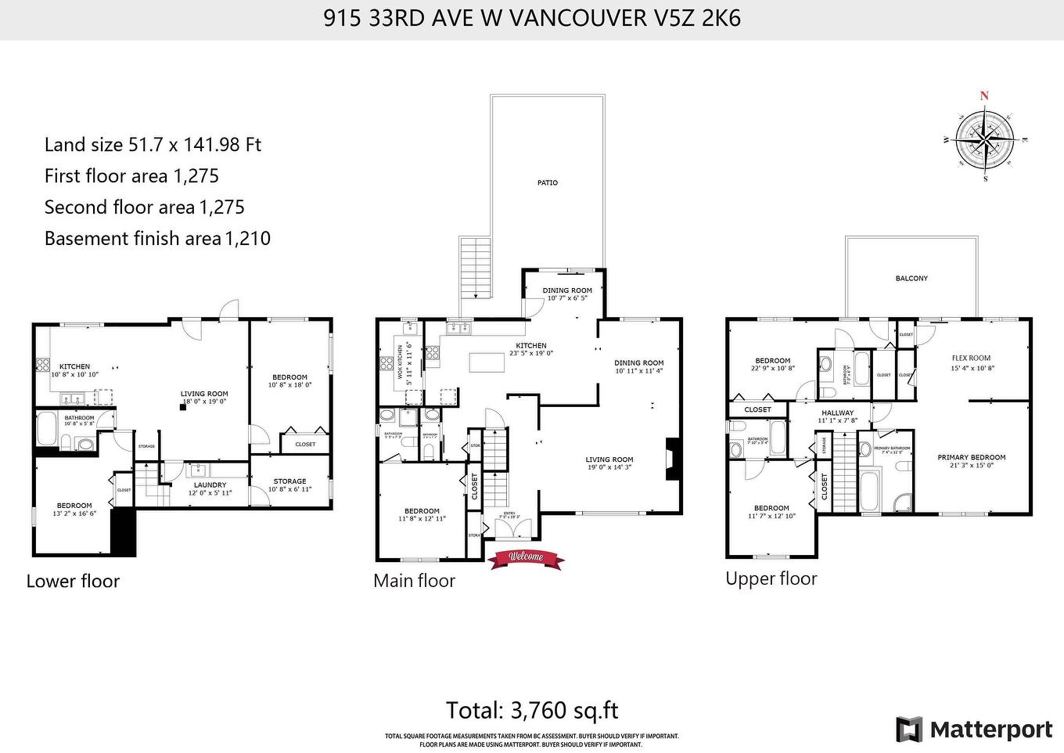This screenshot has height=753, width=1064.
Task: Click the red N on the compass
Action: click(x=984, y=96)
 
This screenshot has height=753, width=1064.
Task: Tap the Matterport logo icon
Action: click(x=909, y=730)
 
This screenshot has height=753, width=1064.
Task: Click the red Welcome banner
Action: click(x=526, y=557)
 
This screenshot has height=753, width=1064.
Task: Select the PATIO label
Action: click(x=548, y=183)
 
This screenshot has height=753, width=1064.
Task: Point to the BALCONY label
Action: click(x=911, y=279)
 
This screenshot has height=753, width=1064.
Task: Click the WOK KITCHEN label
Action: click(x=400, y=362)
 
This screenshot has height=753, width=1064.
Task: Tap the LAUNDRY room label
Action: click(x=210, y=485)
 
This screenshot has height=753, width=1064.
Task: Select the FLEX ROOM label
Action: click(x=971, y=358)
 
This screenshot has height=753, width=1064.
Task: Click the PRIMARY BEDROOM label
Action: click(x=972, y=457)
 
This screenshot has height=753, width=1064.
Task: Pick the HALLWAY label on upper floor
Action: click(x=837, y=413)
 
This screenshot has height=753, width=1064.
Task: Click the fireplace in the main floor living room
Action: click(x=670, y=459)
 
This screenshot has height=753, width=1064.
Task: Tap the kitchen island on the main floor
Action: click(x=483, y=362)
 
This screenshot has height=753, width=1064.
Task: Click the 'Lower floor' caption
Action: click(x=73, y=581)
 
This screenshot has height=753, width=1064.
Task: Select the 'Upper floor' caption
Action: click(x=771, y=578)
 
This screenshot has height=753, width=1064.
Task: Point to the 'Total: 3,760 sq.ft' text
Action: click(x=532, y=710)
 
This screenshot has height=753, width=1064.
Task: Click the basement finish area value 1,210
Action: click(x=248, y=239)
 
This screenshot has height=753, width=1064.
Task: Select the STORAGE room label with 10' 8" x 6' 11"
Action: click(x=289, y=481)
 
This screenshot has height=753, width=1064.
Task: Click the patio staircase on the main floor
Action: click(x=475, y=267)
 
